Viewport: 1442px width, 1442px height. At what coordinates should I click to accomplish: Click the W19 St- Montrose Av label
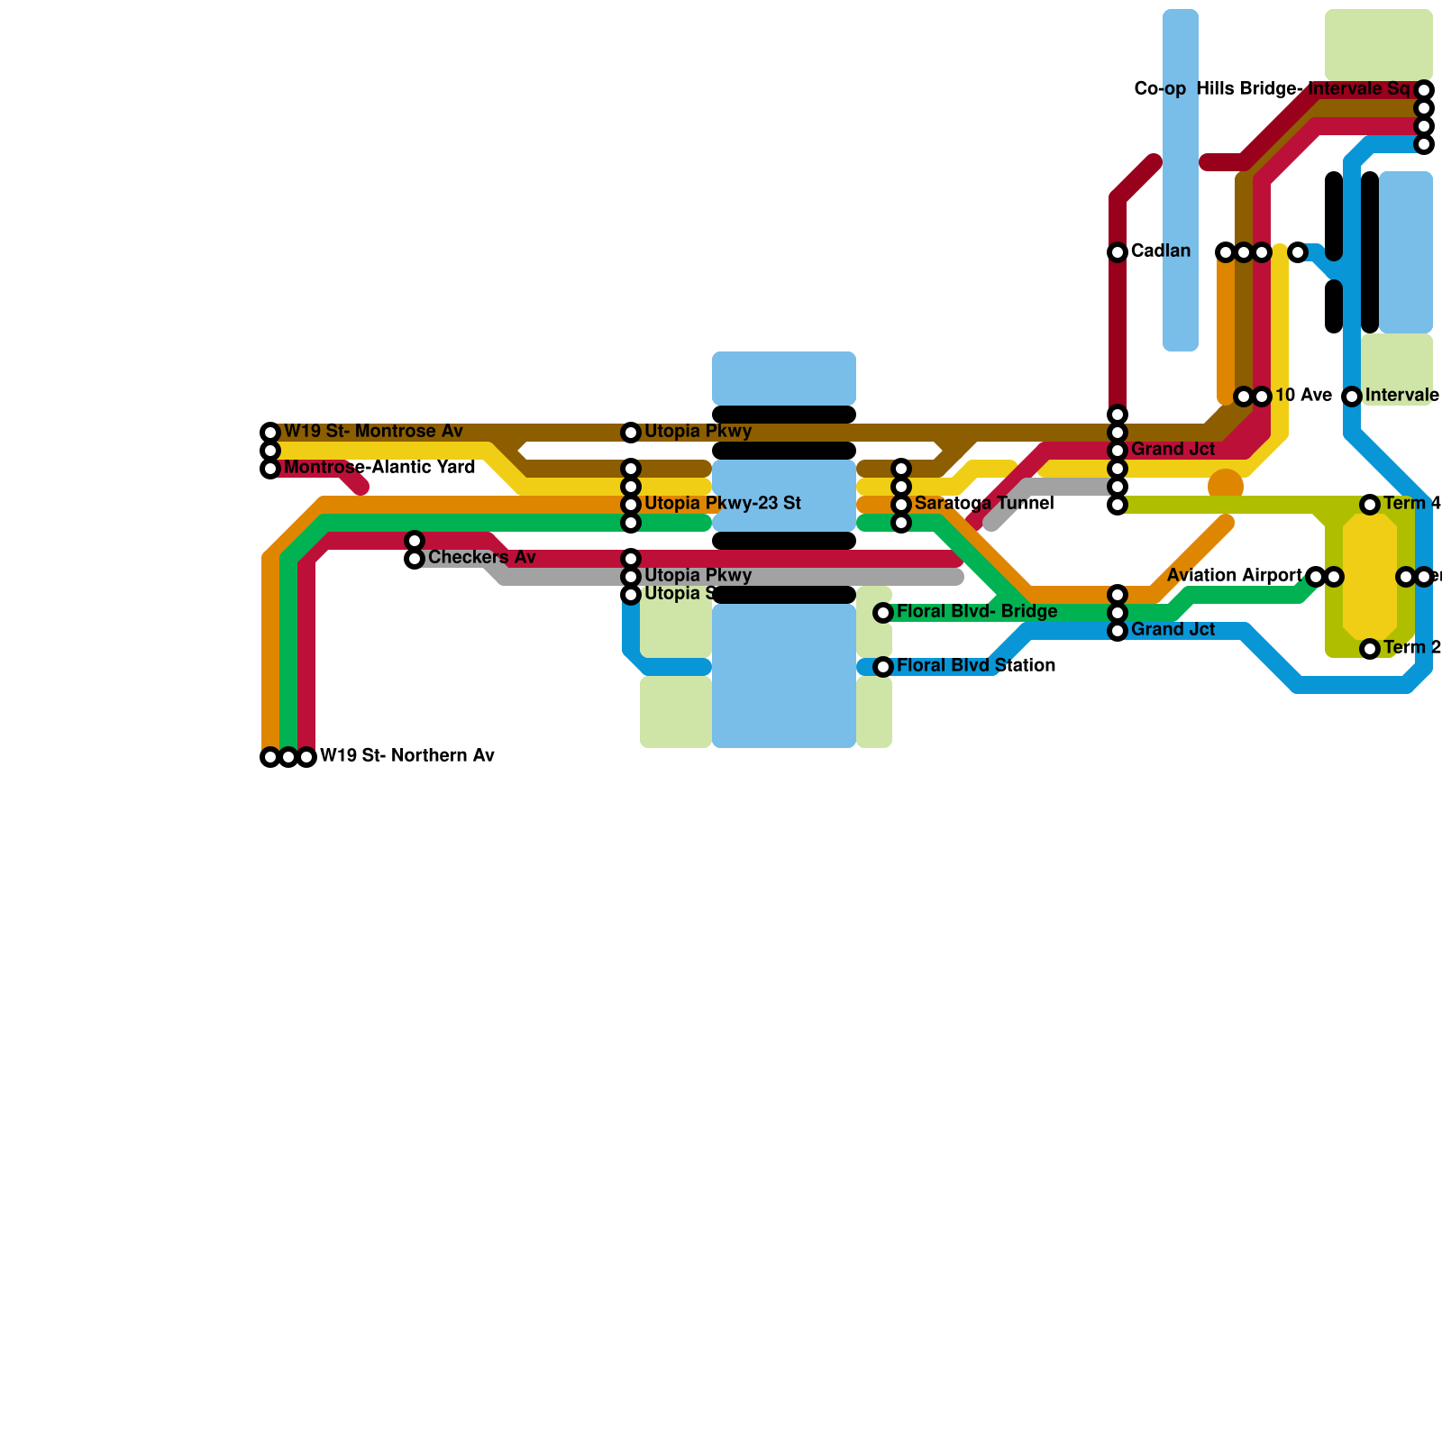point(373,432)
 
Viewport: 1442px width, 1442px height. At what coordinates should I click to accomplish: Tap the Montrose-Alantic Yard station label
point(379,468)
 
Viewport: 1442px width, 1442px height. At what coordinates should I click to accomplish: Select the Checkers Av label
point(481,558)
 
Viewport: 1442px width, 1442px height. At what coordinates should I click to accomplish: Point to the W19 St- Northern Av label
point(407,756)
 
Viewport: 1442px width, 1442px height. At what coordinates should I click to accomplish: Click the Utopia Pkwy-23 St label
point(722,504)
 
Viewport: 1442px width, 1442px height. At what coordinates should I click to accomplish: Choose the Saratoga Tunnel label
point(983,504)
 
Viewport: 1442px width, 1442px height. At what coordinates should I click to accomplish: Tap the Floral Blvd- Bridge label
point(977,612)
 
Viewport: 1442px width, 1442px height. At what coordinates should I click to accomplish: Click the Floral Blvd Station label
point(976,666)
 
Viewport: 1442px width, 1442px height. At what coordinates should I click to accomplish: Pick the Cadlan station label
point(1161,251)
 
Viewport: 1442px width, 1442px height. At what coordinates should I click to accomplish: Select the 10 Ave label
point(1303,396)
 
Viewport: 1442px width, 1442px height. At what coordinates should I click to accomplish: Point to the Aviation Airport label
point(1234,576)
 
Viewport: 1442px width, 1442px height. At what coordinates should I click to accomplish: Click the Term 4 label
point(1411,504)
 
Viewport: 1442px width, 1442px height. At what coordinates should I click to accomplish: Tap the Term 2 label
point(1411,648)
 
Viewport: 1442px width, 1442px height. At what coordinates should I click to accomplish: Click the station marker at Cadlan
point(1118,252)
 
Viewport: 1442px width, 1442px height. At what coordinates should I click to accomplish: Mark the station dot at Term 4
point(1370,505)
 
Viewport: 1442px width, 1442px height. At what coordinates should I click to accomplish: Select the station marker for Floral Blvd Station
point(883,667)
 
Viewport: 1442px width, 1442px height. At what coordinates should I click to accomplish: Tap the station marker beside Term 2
point(1370,649)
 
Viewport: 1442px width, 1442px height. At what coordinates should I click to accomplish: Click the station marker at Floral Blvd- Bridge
point(883,613)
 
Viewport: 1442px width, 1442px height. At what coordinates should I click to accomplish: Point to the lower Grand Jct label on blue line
point(1173,630)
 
